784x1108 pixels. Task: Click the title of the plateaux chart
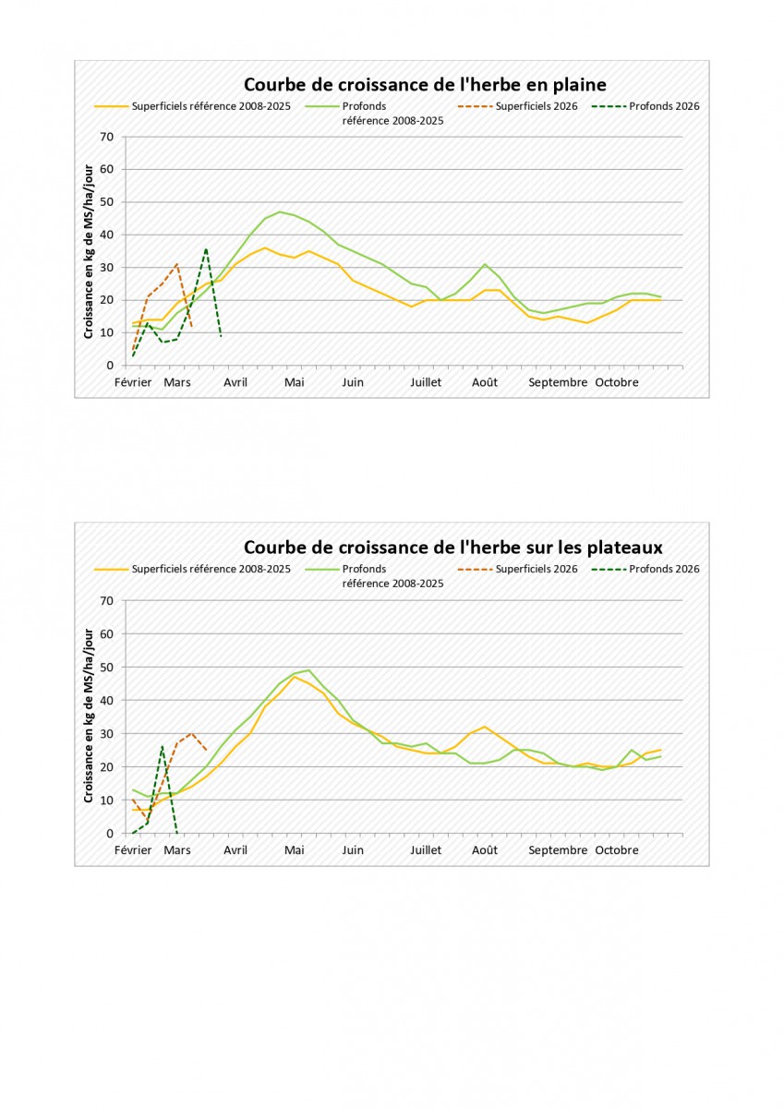[x=452, y=548]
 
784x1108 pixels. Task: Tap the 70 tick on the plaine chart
[x=107, y=137]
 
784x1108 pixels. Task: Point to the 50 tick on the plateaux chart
[x=107, y=667]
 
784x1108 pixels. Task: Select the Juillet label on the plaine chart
[x=426, y=382]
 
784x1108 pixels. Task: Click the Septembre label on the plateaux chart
[x=558, y=849]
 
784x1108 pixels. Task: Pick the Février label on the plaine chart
[x=133, y=382]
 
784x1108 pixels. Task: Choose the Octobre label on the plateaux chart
[x=616, y=849]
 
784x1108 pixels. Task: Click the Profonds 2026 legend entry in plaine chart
[x=664, y=106]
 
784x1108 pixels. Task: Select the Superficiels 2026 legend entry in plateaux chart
[x=537, y=569]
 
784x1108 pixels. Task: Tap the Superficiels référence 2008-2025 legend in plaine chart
[x=211, y=106]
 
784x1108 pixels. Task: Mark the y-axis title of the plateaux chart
[x=89, y=716]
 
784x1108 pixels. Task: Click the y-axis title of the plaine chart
[x=89, y=250]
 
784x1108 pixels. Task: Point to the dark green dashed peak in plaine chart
[x=206, y=248]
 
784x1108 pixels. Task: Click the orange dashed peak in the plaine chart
[x=176, y=264]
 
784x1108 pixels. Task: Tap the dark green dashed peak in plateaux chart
[x=163, y=746]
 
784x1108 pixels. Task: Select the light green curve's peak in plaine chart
[x=280, y=211]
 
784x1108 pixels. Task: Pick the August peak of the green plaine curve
[x=485, y=264]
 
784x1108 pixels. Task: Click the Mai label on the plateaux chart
[x=294, y=849]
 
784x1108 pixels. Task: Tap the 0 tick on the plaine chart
[x=110, y=366]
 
